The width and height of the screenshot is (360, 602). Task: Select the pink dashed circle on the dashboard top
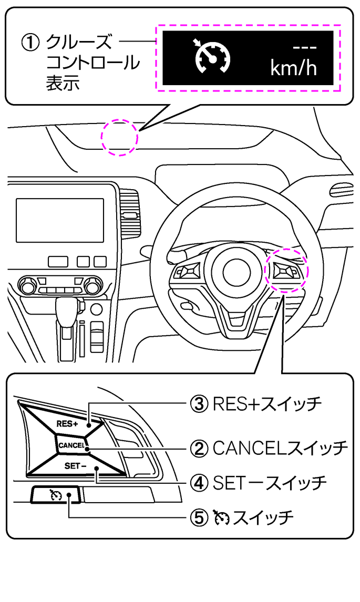(x=120, y=137)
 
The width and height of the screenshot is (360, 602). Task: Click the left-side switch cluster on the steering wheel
(x=188, y=272)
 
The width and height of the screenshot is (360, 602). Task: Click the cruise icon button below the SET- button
(x=55, y=495)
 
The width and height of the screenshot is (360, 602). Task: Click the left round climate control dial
(x=28, y=287)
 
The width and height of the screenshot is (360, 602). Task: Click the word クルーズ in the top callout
(x=79, y=42)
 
